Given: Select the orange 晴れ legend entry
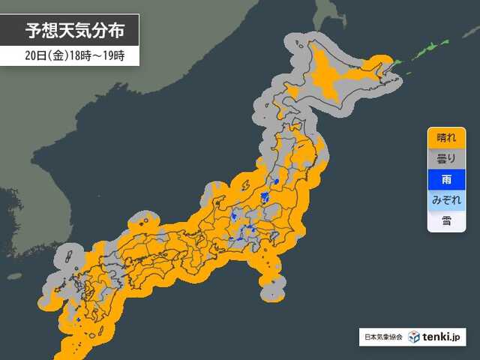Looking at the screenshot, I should click(445, 138).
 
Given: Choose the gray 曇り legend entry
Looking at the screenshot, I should click(445, 159).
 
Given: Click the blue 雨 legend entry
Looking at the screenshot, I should click(445, 180).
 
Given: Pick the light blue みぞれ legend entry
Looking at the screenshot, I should click(445, 201).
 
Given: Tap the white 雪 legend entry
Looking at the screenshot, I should click(445, 221).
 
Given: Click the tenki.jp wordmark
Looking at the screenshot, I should click(444, 337).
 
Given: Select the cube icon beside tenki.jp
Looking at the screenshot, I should click(413, 337).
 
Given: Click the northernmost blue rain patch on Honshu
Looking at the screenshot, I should click(277, 181).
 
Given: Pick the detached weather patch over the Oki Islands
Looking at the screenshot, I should click(142, 222).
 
